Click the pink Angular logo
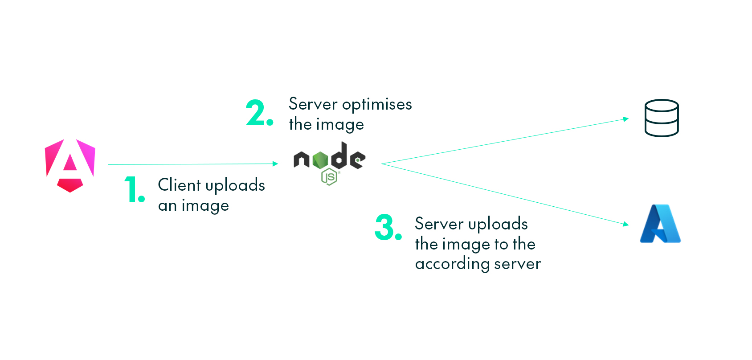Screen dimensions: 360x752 coord(70,165)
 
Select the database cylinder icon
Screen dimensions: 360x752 coord(662,118)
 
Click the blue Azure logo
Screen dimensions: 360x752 coord(660,224)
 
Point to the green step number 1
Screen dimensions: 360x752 coord(134,189)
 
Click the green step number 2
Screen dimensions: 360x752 coord(259,113)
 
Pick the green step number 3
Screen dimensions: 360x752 coord(388,227)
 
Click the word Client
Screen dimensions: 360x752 coord(179,185)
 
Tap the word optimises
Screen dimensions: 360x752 coord(377,105)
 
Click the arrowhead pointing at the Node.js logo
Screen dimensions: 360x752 coord(275,164)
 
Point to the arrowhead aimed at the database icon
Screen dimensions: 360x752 coord(626,119)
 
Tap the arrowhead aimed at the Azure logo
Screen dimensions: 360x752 coord(626,224)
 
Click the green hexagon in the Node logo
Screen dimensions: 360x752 coord(320,160)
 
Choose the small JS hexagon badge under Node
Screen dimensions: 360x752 coord(329,177)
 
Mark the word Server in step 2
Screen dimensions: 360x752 coord(313,104)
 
